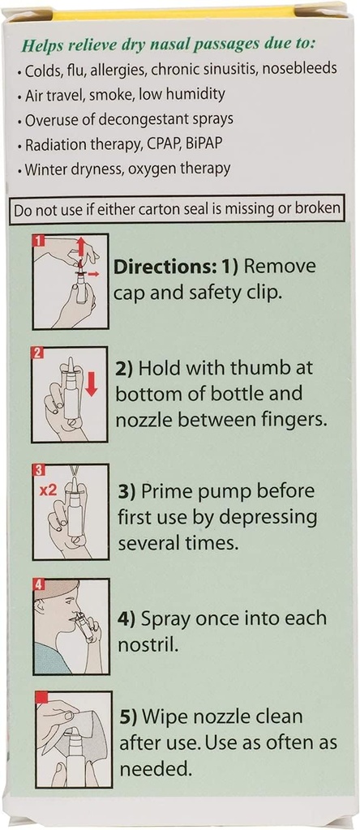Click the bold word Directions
[x=166, y=266]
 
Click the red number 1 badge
[x=38, y=241]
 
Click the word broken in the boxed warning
[x=314, y=209]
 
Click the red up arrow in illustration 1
[x=80, y=247]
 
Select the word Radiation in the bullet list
[x=58, y=144]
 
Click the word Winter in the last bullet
[x=48, y=169]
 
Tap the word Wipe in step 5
[x=169, y=717]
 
